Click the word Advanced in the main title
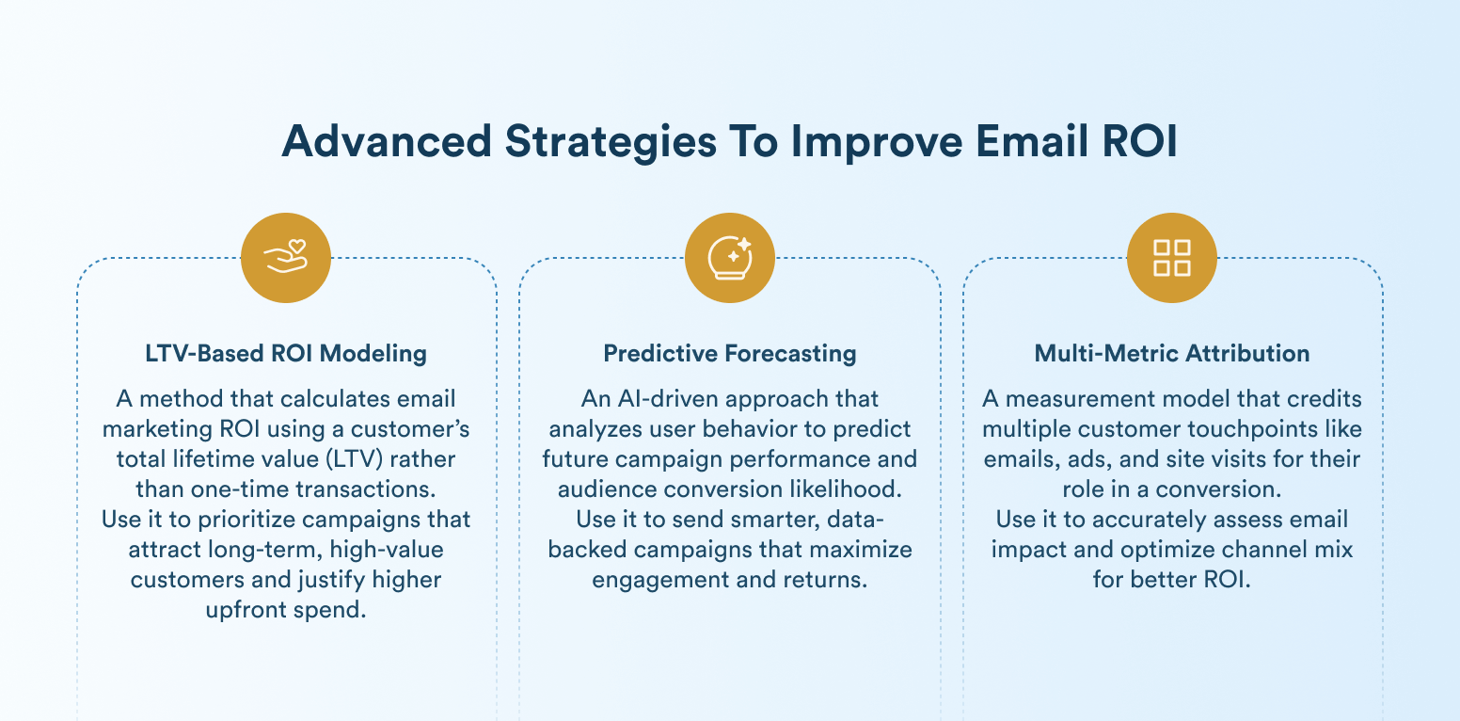click(x=387, y=141)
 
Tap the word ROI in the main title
click(x=1140, y=141)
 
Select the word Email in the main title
click(x=1032, y=141)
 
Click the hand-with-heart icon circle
click(x=286, y=258)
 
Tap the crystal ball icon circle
click(x=730, y=258)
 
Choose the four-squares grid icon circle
click(x=1172, y=258)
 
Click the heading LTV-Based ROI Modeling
click(x=286, y=353)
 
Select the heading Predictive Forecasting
click(x=730, y=353)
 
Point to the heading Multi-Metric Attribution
click(x=1172, y=353)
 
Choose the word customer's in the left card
click(x=410, y=429)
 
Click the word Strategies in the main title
click(x=611, y=141)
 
